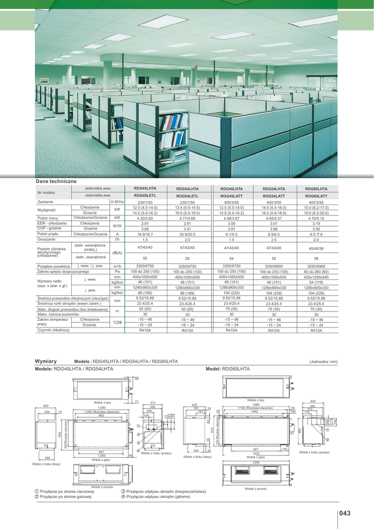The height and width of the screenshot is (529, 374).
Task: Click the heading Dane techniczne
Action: [x=56, y=182]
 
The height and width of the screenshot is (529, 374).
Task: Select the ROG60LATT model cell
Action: [x=316, y=196]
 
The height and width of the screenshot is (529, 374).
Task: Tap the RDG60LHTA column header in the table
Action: [x=316, y=189]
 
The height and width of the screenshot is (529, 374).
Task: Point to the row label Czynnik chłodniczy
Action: [x=53, y=330]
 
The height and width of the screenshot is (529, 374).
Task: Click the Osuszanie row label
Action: [x=46, y=240]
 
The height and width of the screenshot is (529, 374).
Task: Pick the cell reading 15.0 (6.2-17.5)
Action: [x=316, y=207]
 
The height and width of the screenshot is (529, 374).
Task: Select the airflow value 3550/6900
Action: [x=316, y=266]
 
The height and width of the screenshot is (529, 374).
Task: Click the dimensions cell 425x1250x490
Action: [x=316, y=277]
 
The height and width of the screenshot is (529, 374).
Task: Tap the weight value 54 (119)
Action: [x=316, y=282]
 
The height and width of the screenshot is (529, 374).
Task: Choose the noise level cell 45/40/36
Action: [x=316, y=248]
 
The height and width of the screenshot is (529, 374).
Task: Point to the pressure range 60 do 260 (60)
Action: [x=316, y=271]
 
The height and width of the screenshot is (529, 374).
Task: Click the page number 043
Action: [x=345, y=513]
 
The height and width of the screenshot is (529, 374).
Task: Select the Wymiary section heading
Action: [x=45, y=361]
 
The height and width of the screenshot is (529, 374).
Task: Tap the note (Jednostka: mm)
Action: [x=323, y=362]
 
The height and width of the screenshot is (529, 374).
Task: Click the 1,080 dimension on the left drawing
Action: [x=101, y=408]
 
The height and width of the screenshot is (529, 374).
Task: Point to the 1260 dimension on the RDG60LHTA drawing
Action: [x=255, y=404]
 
